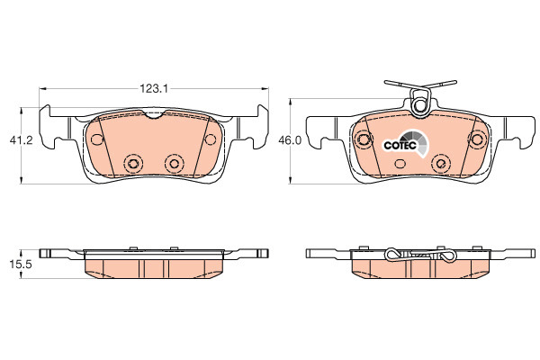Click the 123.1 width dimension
click(154, 89)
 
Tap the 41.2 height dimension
click(21, 140)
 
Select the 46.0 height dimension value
click(290, 140)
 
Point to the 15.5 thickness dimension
click(21, 265)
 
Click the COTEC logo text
click(400, 146)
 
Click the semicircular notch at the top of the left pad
click(155, 114)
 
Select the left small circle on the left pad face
click(97, 139)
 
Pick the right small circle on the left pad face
click(210, 139)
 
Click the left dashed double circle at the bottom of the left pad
click(133, 163)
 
